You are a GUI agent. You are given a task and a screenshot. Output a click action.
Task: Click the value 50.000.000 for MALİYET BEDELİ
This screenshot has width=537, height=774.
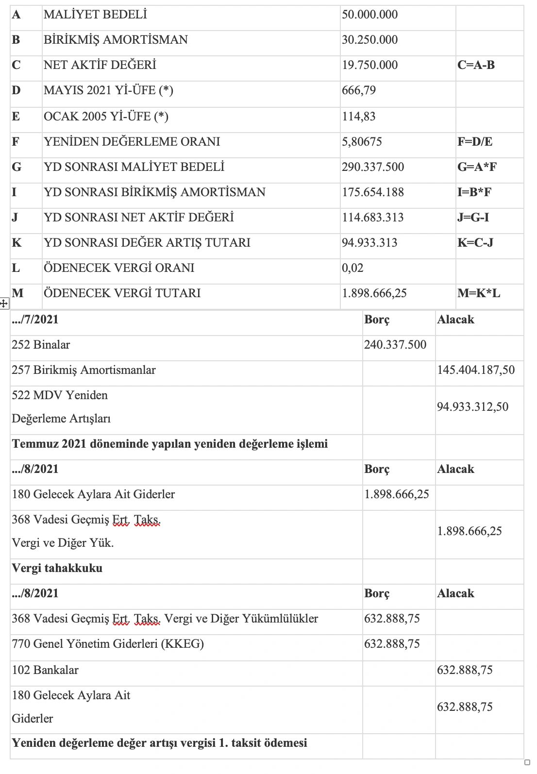coord(369,15)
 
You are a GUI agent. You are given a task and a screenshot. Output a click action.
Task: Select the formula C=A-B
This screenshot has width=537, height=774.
coord(476,65)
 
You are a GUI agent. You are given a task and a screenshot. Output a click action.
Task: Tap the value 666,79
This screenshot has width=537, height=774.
coord(359,90)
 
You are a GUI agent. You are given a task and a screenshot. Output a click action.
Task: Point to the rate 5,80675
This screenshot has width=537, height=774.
coord(362,142)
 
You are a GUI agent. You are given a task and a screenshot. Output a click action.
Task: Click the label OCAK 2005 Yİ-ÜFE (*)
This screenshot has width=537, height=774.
coord(106,117)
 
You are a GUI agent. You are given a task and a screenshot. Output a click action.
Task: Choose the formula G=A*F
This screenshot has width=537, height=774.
coord(477,167)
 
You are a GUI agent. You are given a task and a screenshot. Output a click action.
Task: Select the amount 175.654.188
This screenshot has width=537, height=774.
coord(372,192)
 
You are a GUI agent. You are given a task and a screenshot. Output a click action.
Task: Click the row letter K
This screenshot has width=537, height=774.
coord(17,243)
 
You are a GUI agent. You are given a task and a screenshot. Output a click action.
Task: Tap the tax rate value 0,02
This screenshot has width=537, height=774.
coord(352,268)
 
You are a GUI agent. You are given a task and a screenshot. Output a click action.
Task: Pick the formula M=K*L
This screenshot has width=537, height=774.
coord(478,293)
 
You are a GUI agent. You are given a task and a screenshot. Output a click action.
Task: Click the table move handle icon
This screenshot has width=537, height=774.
coord(4,303)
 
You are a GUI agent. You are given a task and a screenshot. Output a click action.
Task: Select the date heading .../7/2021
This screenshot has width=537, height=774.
coord(35,320)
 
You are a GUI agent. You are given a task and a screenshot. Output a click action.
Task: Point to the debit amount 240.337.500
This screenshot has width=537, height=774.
coord(395,345)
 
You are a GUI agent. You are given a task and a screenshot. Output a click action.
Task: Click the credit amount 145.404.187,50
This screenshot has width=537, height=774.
coord(476,370)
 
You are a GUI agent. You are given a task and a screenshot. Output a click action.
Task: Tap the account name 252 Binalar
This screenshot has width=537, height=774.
coord(41,345)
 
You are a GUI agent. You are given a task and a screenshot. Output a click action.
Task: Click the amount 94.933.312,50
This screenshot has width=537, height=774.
coord(472,407)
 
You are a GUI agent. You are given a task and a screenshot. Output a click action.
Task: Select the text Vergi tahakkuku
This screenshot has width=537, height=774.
coord(57,568)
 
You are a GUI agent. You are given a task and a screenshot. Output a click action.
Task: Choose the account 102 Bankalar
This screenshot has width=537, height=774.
coord(45,670)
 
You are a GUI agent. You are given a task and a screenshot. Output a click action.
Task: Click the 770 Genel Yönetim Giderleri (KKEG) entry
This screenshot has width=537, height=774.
coord(108,644)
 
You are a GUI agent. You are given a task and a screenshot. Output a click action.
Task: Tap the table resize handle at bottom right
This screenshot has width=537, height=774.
coord(527,762)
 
